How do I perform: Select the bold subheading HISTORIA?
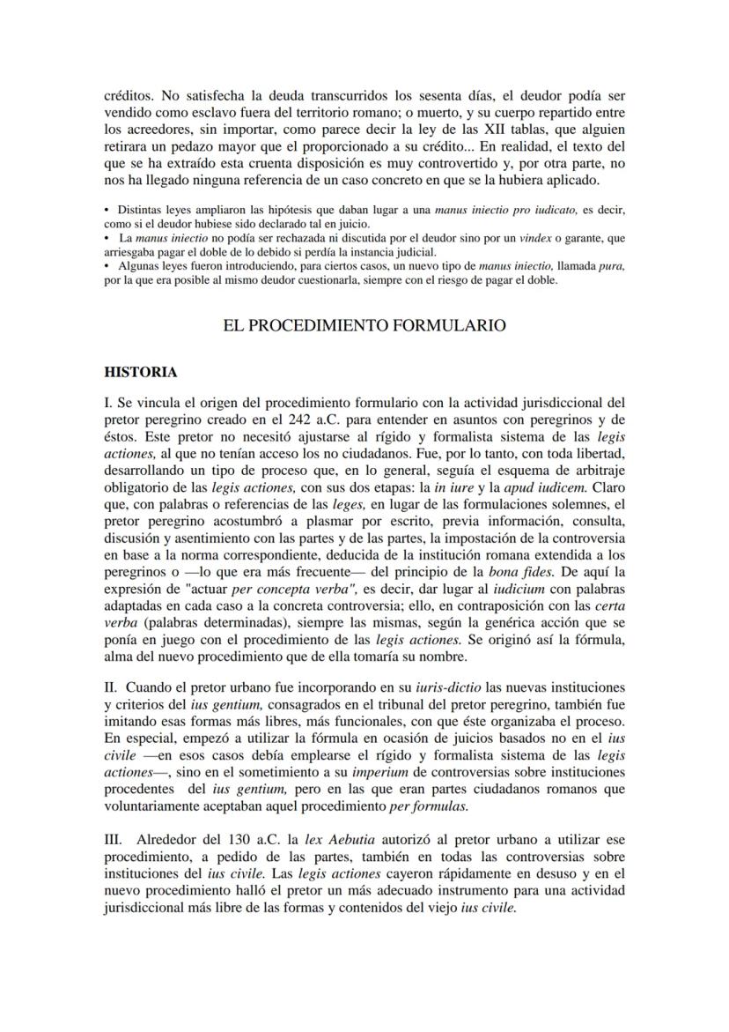click(140, 372)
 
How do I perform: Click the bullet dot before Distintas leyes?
click(107, 211)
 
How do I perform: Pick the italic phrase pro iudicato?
click(572, 210)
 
